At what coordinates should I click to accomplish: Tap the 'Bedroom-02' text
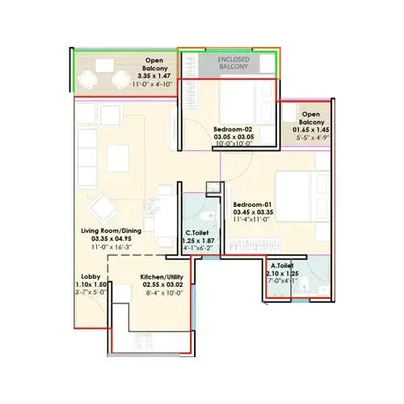coord(235,129)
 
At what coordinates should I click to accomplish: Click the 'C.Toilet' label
coord(198,231)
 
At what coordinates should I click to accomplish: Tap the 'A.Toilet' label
coord(282,265)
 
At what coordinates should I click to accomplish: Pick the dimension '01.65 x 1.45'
coord(311,128)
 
